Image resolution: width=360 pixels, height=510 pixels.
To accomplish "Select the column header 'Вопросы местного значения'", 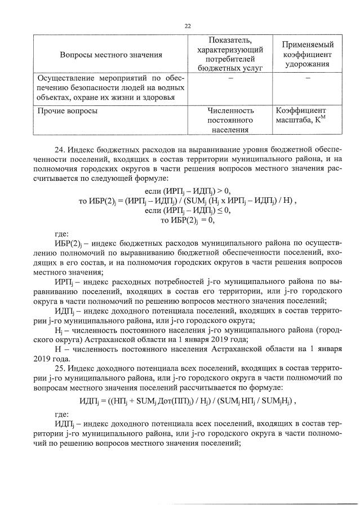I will point(111,55).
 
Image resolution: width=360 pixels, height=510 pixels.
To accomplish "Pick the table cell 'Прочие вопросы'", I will point(66,111).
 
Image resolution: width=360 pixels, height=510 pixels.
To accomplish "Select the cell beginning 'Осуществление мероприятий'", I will point(111,88).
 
